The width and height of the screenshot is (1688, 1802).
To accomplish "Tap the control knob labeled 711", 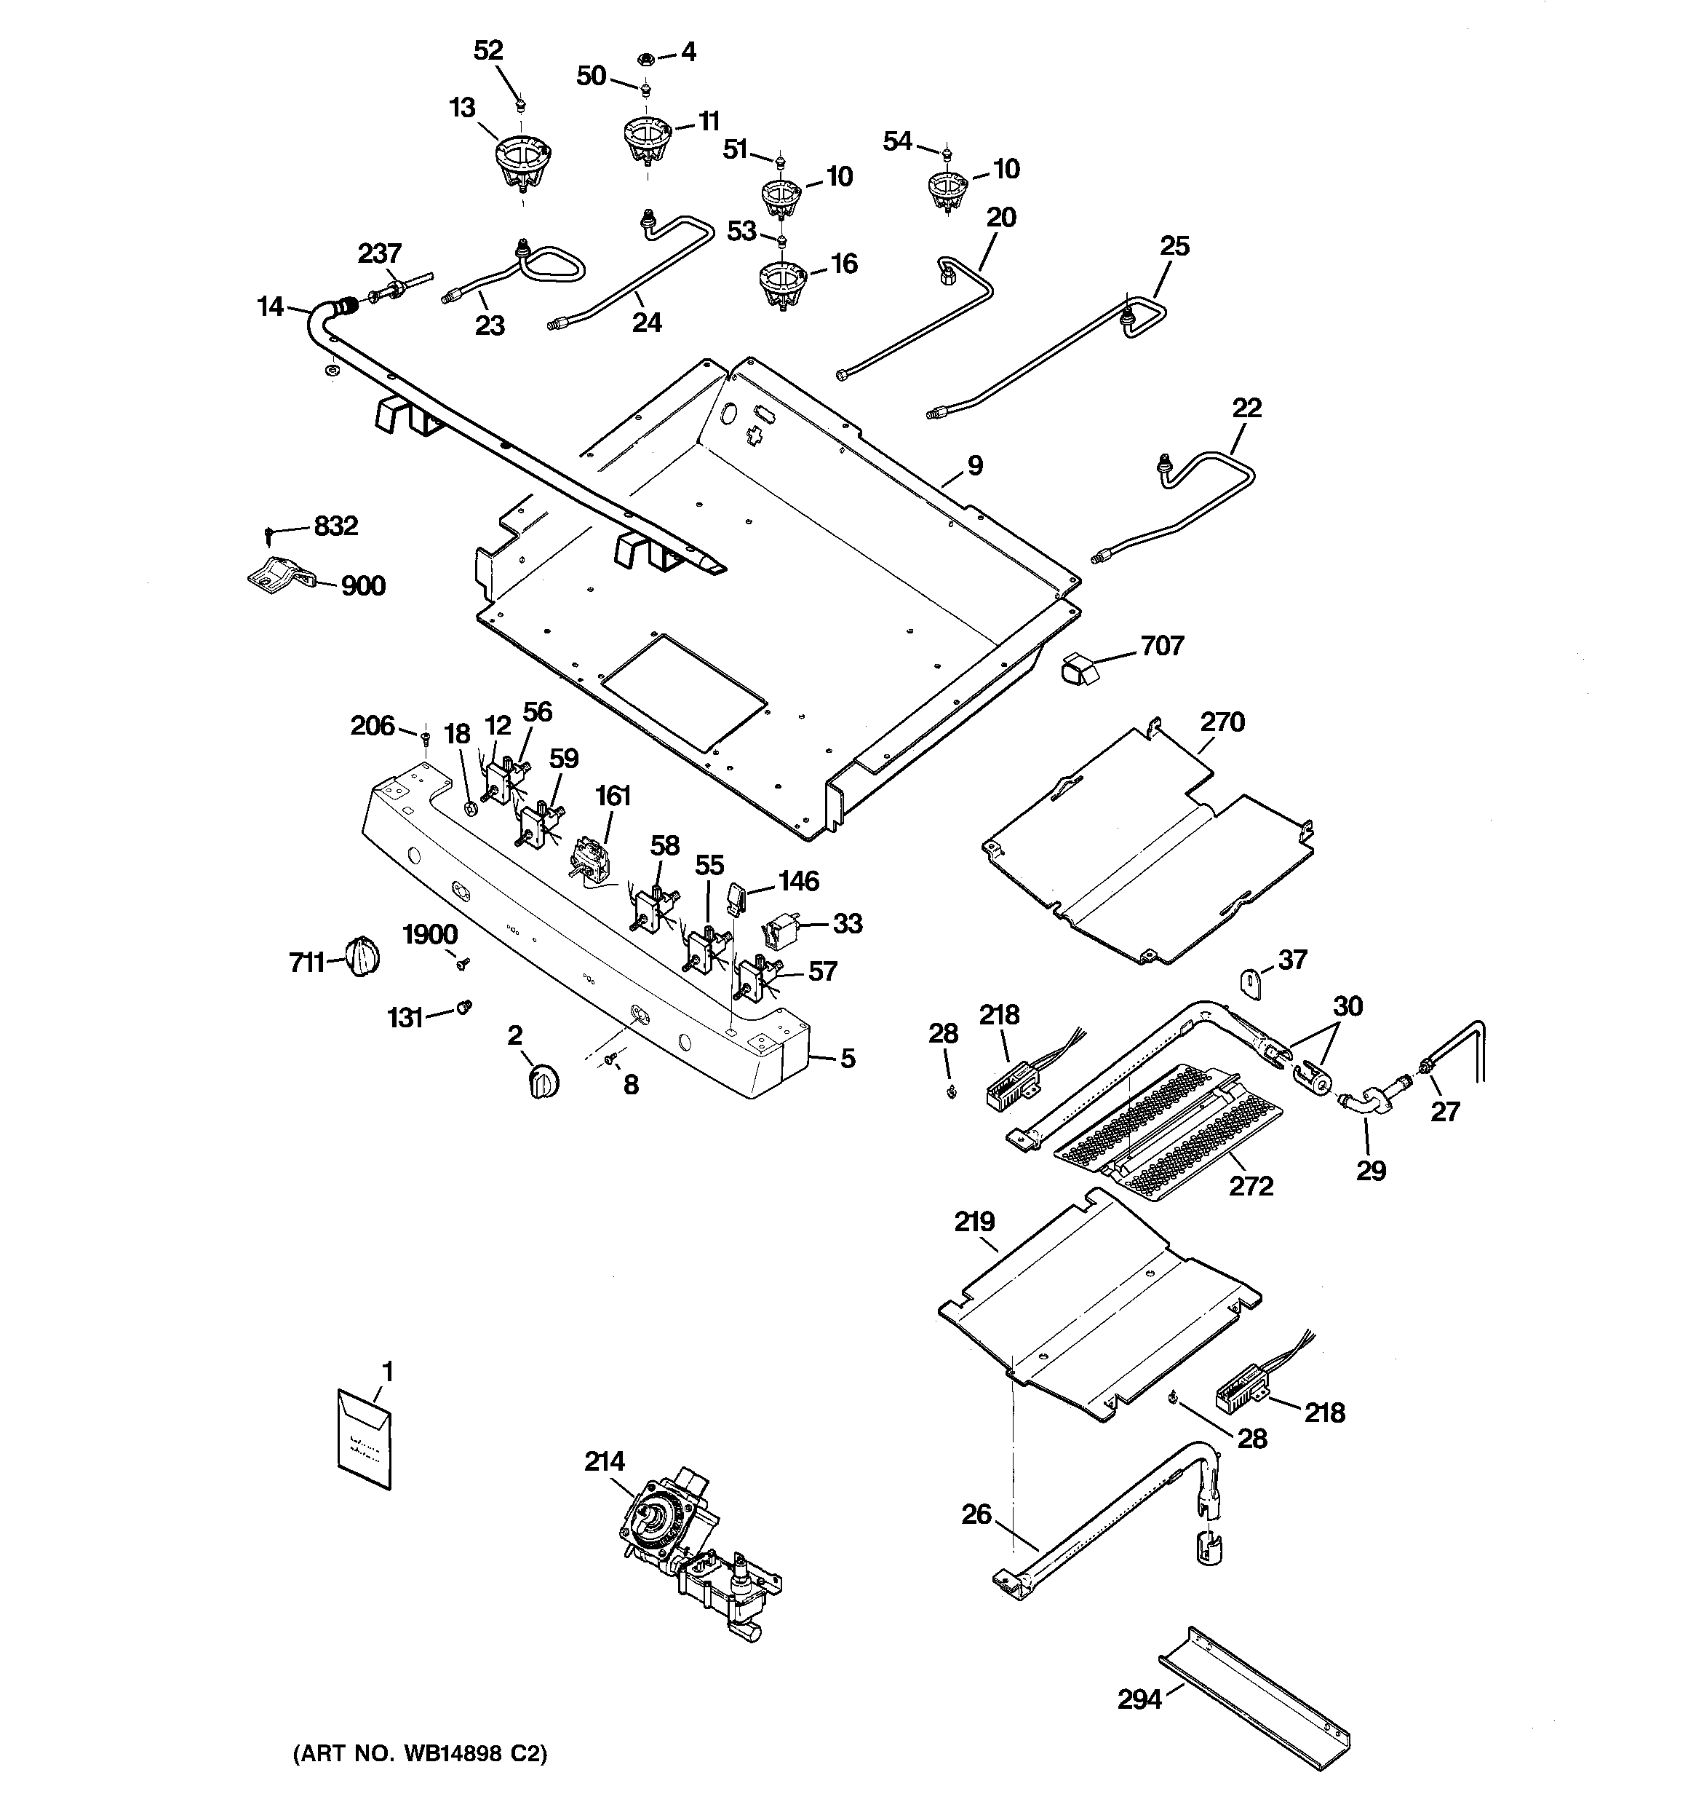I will (x=362, y=956).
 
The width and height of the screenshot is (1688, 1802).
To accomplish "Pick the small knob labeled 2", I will (x=543, y=1080).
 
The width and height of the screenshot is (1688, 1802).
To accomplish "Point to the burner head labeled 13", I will (x=524, y=164).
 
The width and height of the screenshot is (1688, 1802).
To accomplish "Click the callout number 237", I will (x=379, y=254).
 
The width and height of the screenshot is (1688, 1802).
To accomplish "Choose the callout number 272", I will (x=1251, y=1185).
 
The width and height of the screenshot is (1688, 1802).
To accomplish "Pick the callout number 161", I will (x=613, y=796).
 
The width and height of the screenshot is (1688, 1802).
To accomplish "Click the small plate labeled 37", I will (x=1251, y=984).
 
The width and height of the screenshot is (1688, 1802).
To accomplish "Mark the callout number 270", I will (x=1222, y=722).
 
